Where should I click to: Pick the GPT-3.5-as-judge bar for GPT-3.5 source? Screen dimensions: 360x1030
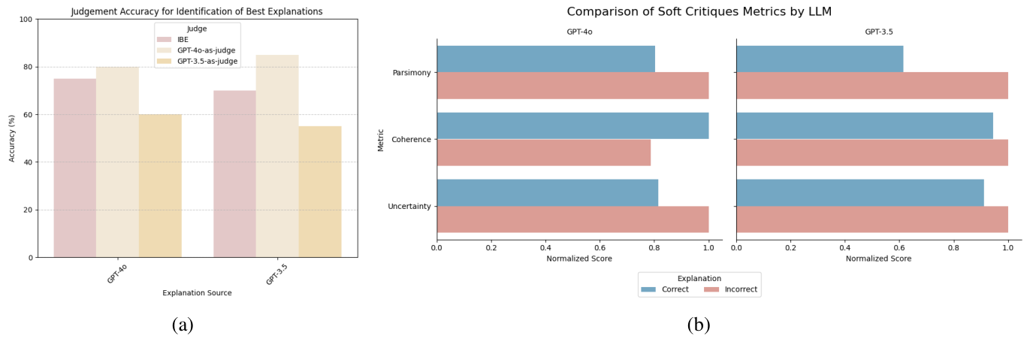(x=320, y=192)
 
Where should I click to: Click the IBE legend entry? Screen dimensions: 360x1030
(x=183, y=40)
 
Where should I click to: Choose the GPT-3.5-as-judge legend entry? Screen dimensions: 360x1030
(x=207, y=61)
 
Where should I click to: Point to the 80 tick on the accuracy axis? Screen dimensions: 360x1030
(x=28, y=67)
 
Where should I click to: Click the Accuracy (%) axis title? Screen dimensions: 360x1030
(x=12, y=138)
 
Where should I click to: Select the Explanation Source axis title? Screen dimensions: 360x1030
(x=197, y=293)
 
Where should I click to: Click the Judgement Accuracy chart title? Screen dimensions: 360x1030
(x=197, y=11)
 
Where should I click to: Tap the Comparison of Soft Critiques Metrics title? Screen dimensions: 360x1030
(x=699, y=12)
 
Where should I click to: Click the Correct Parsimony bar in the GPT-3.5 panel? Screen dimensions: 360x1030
(x=820, y=59)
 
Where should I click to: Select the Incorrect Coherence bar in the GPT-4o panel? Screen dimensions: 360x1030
(x=543, y=153)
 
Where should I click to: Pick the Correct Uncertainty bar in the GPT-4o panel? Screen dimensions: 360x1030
(x=547, y=192)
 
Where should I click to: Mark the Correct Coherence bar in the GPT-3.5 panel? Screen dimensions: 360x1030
(x=864, y=126)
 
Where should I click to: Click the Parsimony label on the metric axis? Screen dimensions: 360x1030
(x=411, y=73)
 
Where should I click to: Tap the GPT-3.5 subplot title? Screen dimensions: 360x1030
(x=878, y=32)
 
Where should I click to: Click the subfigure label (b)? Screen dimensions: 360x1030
(x=699, y=325)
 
